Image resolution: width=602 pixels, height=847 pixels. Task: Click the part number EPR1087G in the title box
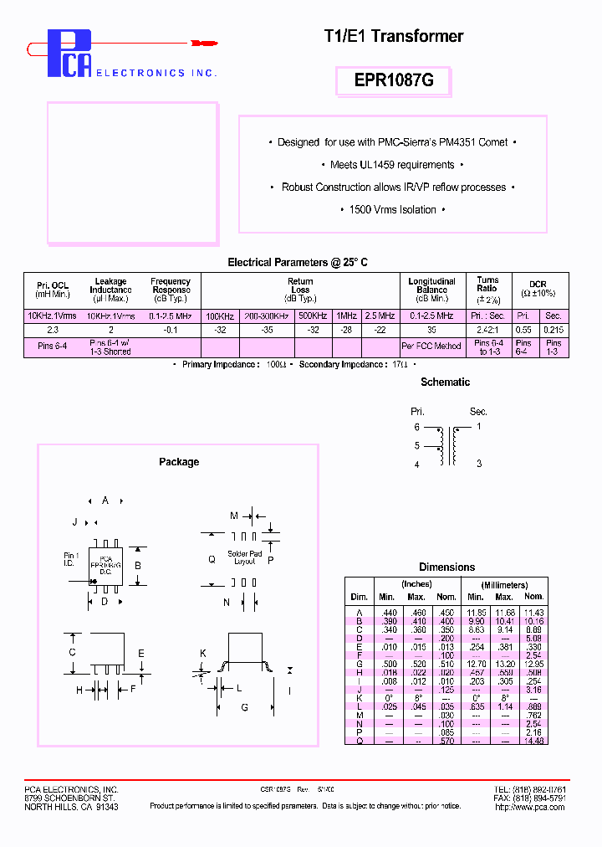[x=395, y=81]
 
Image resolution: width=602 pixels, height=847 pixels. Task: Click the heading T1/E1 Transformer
[x=393, y=36]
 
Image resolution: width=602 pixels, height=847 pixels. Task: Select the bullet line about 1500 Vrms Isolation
[x=392, y=209]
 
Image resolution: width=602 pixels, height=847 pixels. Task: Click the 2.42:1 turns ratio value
[x=487, y=330]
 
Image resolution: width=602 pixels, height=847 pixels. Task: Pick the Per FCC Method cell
[x=431, y=346]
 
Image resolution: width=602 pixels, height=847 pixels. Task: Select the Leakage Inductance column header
[x=110, y=290]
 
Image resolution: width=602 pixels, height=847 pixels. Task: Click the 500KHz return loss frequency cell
[x=313, y=316]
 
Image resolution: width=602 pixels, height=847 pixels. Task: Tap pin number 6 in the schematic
[x=416, y=427]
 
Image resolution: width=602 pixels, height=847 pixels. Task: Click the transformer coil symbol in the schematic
[x=447, y=445]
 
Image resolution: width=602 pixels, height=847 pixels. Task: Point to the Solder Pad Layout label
[x=244, y=557]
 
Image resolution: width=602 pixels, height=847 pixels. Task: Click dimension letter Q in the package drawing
[x=212, y=558]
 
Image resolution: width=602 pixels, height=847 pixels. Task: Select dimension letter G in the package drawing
[x=244, y=708]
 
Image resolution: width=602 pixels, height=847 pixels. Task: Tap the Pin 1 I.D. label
[x=72, y=559]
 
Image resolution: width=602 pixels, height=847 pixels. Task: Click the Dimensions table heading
[x=446, y=567]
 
